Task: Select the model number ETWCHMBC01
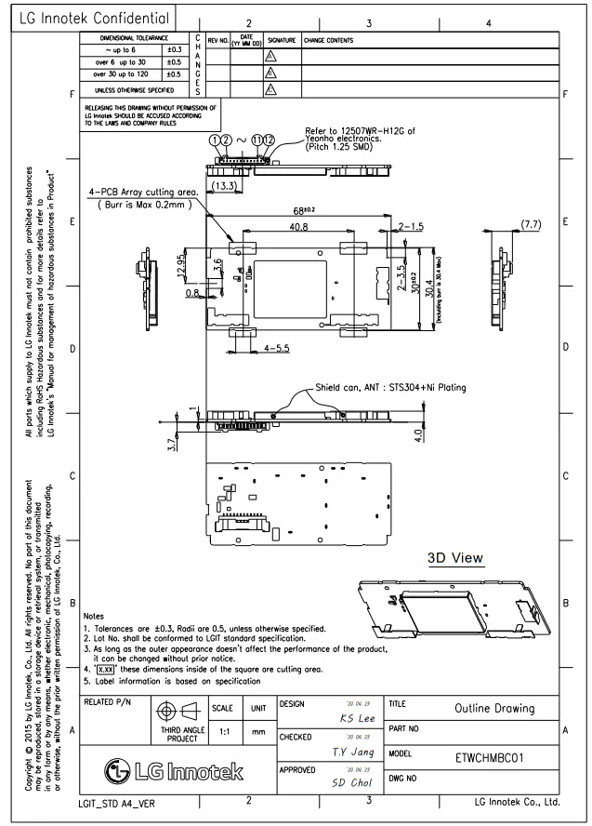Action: click(492, 758)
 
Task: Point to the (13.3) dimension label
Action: click(224, 185)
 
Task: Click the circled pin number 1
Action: click(214, 139)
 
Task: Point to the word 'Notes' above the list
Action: click(94, 616)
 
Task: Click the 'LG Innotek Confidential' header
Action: click(96, 15)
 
